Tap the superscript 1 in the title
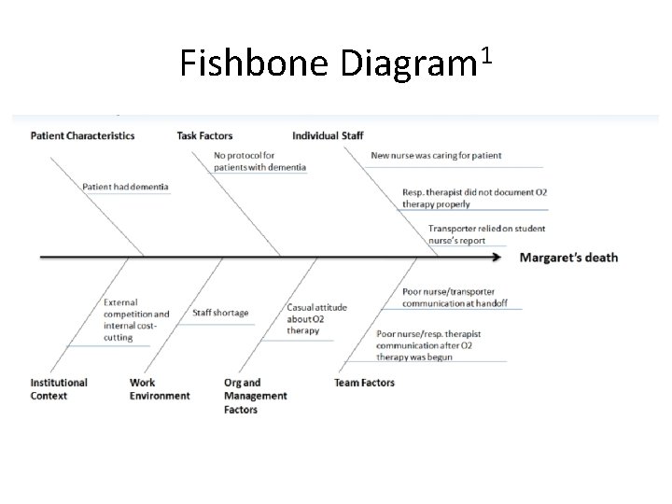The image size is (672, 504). coord(483,55)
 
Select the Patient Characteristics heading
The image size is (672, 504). coord(82,135)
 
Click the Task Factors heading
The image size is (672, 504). coord(204,135)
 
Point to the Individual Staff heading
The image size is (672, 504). coord(328,135)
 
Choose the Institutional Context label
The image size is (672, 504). coord(59,388)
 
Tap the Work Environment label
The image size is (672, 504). coord(160,388)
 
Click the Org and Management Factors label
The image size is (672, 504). coord(255,396)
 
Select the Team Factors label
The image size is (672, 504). coord(364,383)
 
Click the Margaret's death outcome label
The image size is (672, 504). coord(568,258)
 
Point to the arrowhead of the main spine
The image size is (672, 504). coord(508,257)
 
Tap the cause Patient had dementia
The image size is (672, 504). coord(125,187)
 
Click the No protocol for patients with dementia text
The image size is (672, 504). coord(259,161)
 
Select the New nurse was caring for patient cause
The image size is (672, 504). coord(436,155)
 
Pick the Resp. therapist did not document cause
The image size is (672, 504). coord(474,198)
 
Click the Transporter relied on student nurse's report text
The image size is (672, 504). coord(486,234)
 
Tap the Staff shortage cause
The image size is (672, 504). coord(220,313)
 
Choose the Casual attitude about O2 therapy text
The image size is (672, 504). coord(315,318)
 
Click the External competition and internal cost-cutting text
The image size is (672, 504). coord(135,319)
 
